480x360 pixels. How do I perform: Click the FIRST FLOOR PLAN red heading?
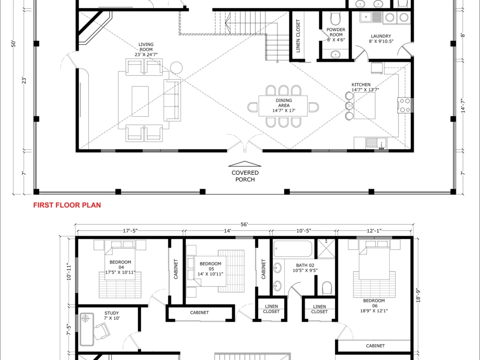pyautogui.click(x=67, y=205)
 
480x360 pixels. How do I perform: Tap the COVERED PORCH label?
pyautogui.click(x=245, y=176)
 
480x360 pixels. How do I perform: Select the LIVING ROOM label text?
pyautogui.click(x=146, y=49)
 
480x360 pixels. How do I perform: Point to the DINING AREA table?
pyautogui.click(x=283, y=106)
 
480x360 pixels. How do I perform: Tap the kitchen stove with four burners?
pyautogui.click(x=404, y=105)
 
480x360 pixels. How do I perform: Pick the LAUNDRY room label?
pyautogui.click(x=381, y=38)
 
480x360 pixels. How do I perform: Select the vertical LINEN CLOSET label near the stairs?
pyautogui.click(x=298, y=36)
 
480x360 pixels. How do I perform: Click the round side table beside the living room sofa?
pyautogui.click(x=176, y=68)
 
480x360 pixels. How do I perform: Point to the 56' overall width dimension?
pyautogui.click(x=244, y=224)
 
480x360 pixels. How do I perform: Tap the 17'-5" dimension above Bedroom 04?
pyautogui.click(x=130, y=231)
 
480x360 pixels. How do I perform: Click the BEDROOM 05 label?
pyautogui.click(x=210, y=269)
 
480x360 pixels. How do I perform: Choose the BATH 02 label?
pyautogui.click(x=305, y=268)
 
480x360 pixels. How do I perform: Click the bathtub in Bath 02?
pyautogui.click(x=293, y=249)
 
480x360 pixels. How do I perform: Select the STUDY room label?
pyautogui.click(x=112, y=316)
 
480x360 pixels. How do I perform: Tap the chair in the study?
pyautogui.click(x=102, y=331)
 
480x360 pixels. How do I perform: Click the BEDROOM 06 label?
pyautogui.click(x=374, y=305)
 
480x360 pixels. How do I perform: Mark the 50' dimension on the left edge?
pyautogui.click(x=13, y=44)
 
